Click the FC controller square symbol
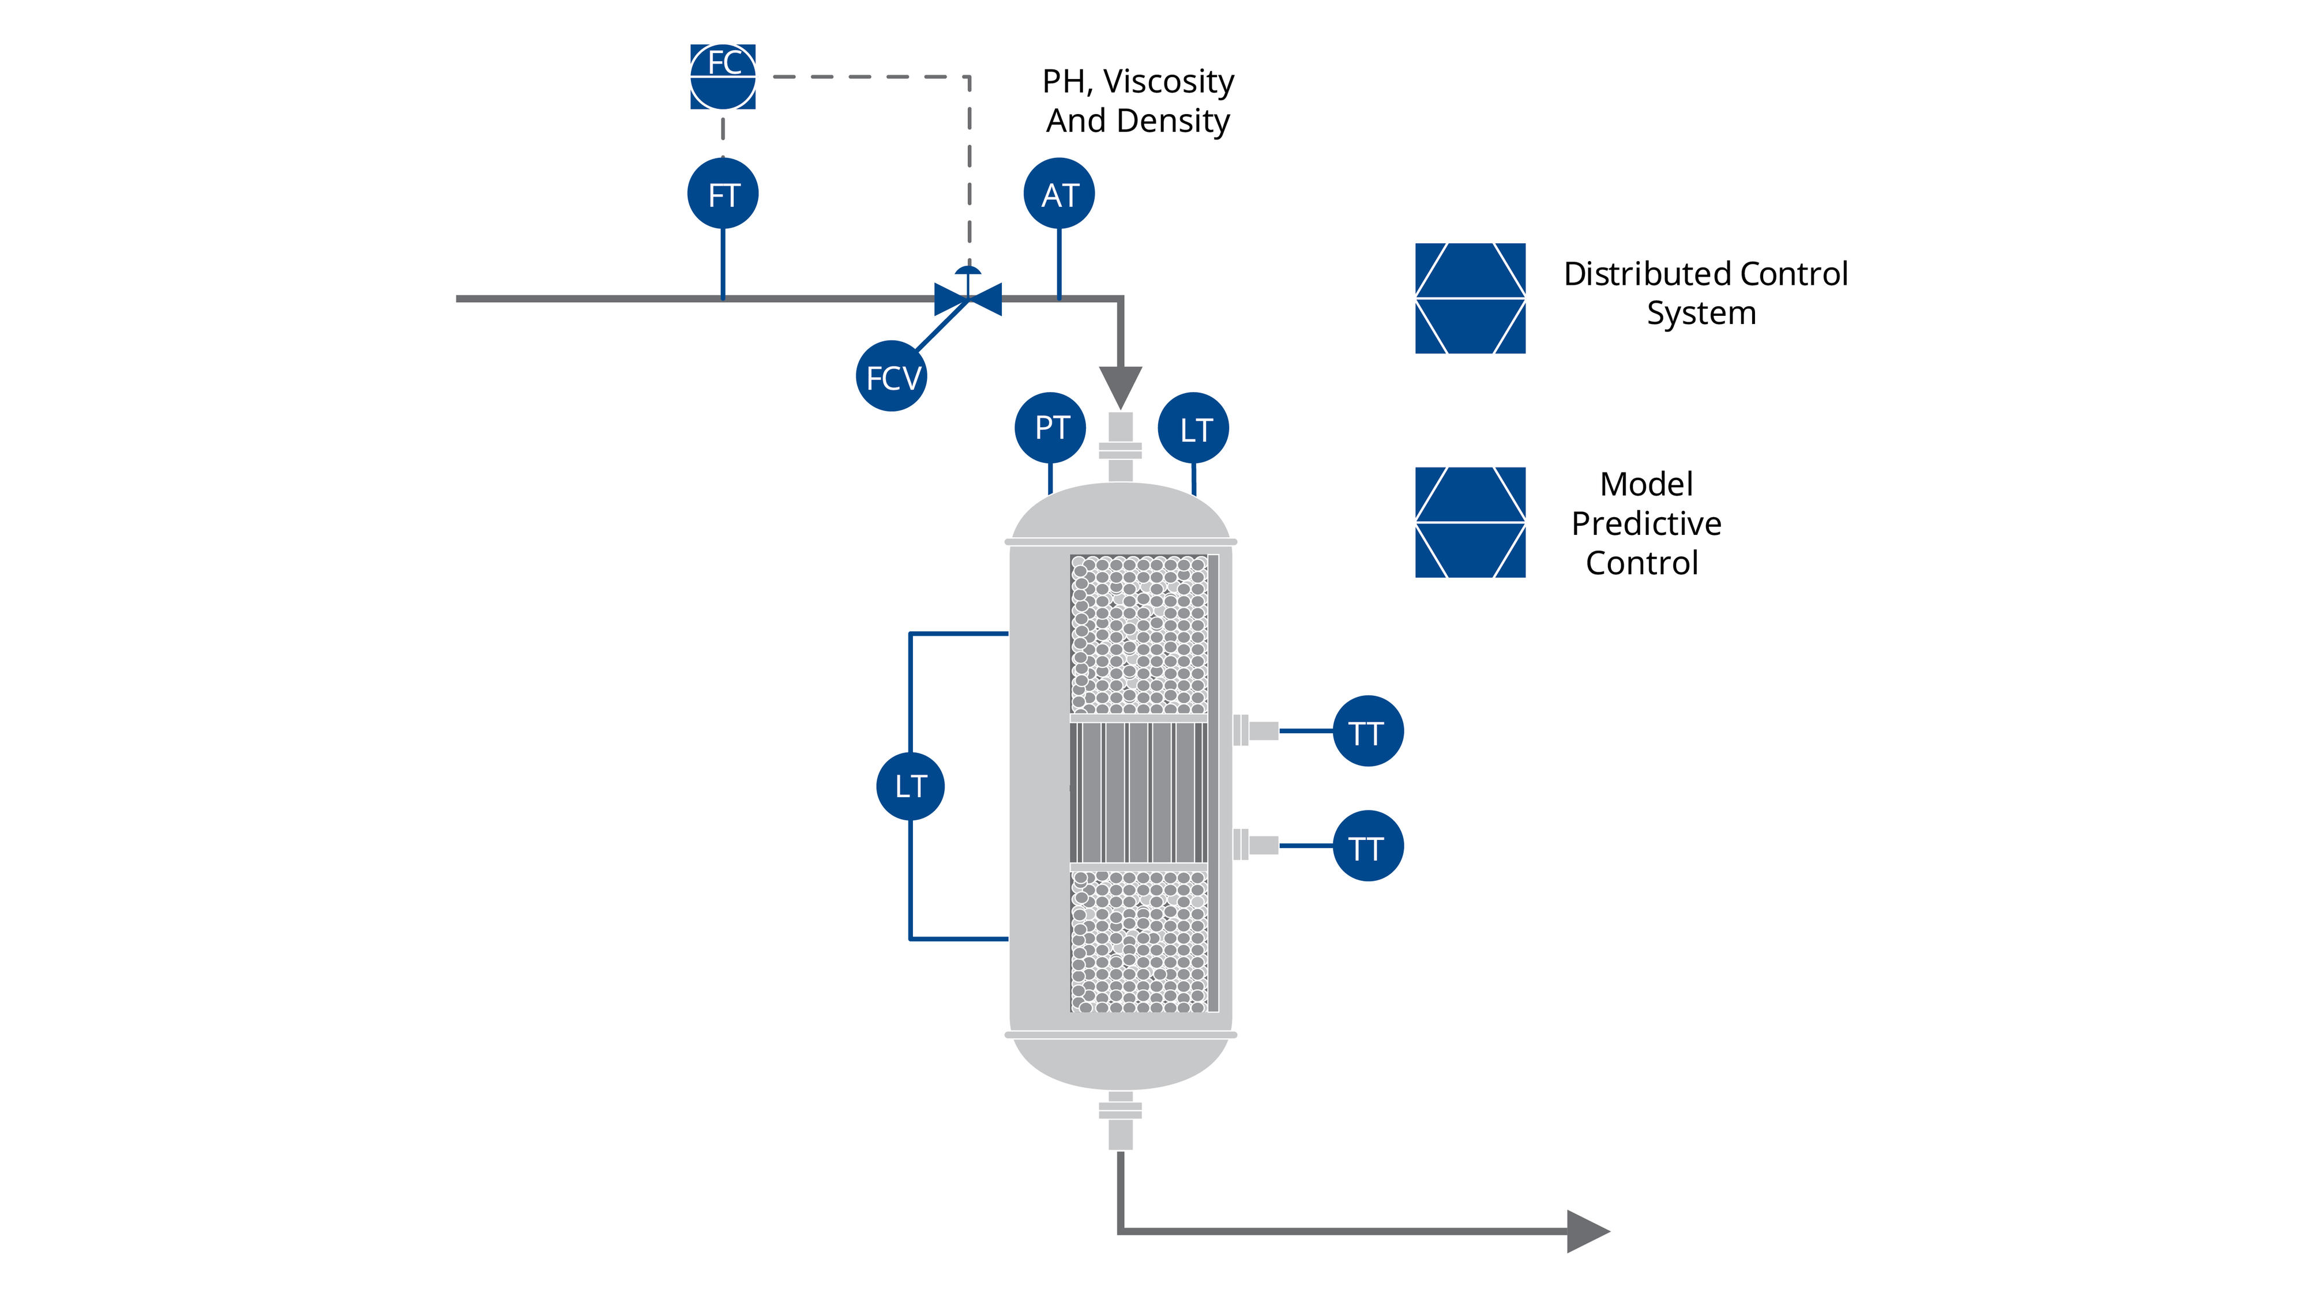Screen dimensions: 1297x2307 click(723, 77)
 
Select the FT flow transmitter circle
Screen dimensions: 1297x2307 click(723, 194)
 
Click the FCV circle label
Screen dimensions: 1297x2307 click(891, 377)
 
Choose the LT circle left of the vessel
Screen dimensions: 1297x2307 click(910, 786)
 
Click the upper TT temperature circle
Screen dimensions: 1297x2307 click(1367, 732)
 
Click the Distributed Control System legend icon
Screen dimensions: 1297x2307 click(1470, 298)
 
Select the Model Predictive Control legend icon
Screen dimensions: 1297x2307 click(1470, 522)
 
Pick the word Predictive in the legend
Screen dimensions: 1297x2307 click(1646, 523)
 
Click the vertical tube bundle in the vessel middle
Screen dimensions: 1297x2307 click(1139, 792)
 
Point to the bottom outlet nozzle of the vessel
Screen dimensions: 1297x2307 click(1121, 1120)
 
